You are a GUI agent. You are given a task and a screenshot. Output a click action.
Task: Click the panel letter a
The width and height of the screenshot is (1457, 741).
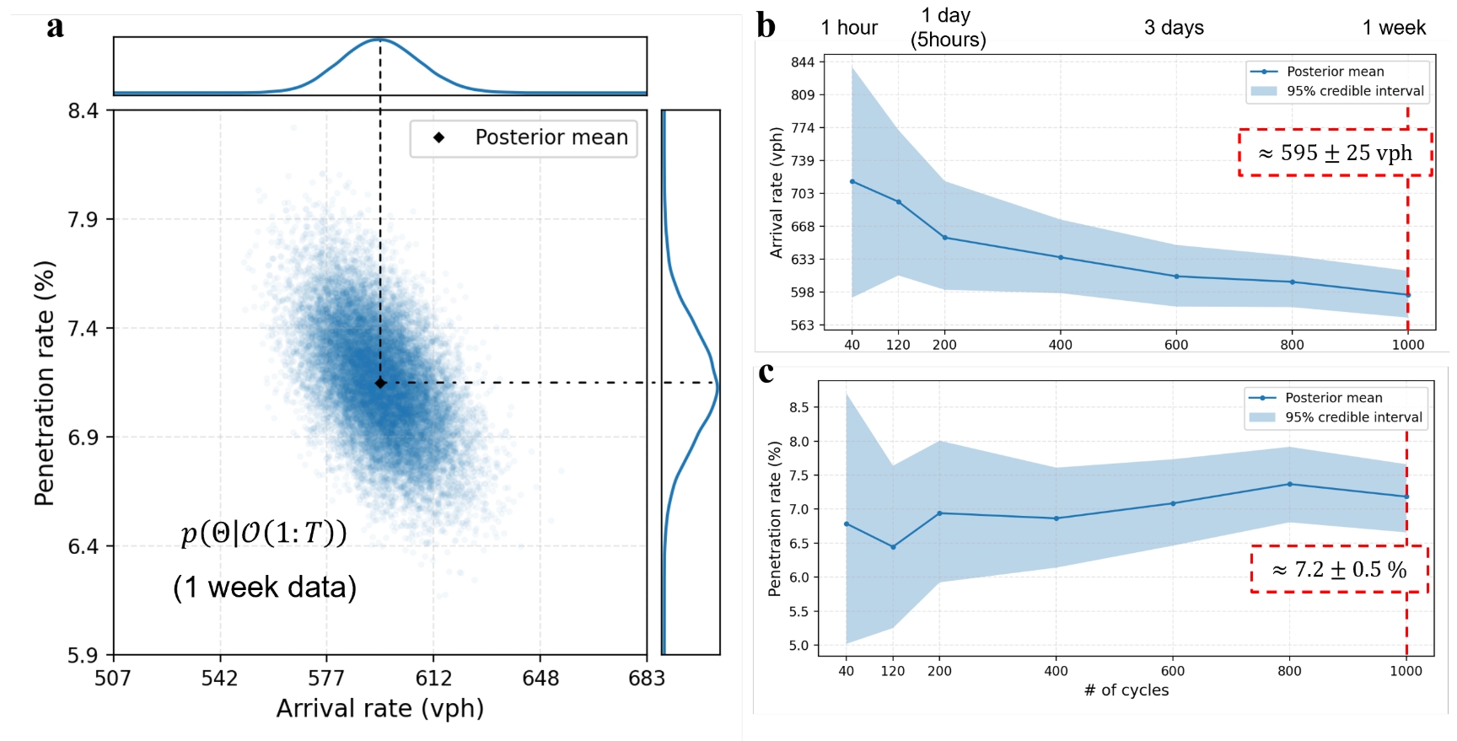55,26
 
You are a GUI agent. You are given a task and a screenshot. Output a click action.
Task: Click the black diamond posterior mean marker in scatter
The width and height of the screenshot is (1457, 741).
380,383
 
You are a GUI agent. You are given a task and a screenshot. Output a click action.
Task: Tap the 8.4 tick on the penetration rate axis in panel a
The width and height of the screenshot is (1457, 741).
83,110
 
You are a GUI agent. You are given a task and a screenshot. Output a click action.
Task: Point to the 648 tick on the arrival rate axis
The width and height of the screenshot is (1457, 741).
540,678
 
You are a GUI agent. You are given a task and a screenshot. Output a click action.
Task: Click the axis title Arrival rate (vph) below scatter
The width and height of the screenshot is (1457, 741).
379,708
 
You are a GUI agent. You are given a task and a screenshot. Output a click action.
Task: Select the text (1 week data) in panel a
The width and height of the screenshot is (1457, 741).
265,587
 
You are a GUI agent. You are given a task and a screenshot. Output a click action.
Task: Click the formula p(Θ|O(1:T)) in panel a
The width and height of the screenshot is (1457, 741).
264,533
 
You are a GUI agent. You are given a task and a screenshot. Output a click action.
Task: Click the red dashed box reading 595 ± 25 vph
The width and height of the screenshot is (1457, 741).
1335,153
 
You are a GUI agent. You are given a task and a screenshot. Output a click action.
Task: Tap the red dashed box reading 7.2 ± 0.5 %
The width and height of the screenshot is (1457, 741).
1339,570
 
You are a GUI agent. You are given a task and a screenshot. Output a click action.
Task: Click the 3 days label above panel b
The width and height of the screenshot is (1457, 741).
1174,28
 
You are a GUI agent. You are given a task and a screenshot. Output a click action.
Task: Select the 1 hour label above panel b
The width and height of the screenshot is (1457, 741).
849,28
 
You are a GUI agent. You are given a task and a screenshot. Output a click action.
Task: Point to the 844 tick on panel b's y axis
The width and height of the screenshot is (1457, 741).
803,62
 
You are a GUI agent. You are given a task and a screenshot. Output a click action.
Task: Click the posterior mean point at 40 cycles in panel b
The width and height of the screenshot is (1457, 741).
852,181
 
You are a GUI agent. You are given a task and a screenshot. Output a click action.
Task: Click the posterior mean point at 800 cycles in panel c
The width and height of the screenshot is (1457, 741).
1289,484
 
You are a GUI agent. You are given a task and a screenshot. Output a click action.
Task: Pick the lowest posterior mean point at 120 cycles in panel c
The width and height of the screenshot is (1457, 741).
893,547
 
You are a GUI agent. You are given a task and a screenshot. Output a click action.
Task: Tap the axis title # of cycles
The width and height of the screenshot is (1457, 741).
1126,690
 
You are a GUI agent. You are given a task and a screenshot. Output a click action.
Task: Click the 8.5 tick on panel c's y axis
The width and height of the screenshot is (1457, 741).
798,407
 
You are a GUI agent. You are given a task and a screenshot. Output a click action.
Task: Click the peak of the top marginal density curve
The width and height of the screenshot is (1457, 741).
379,40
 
